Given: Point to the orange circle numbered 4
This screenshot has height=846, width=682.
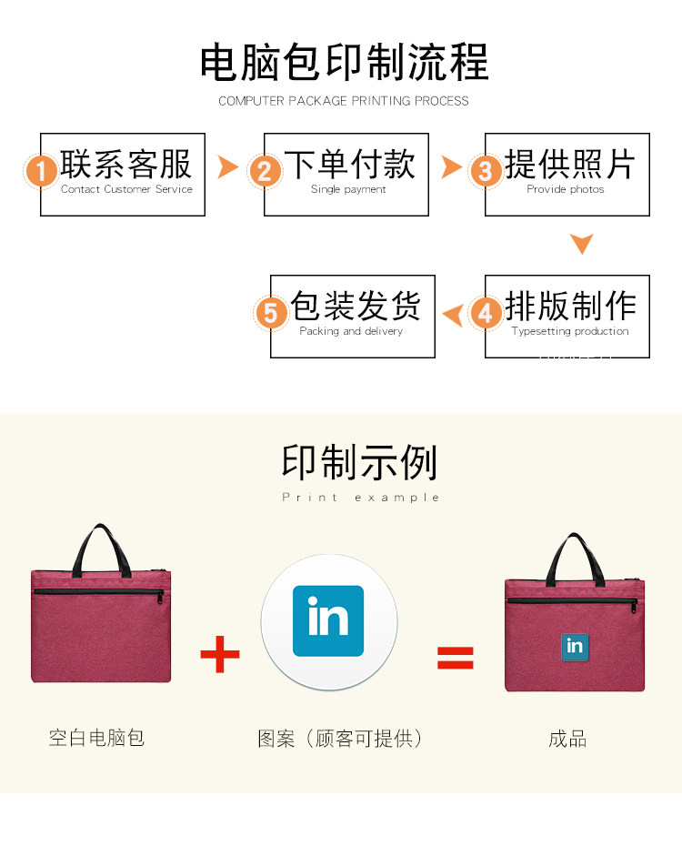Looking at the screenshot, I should (486, 313).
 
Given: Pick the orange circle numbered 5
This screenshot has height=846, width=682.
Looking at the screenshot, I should (271, 313).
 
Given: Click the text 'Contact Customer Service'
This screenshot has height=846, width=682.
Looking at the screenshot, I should (126, 189).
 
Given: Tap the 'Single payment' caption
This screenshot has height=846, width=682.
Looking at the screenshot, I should (348, 189).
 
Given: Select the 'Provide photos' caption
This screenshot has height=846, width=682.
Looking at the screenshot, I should (566, 189).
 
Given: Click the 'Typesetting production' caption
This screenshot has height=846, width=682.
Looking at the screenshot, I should (570, 331).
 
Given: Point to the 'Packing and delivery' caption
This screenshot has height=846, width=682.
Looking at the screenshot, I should (351, 331).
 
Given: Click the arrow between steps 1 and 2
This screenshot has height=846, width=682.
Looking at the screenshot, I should (228, 167).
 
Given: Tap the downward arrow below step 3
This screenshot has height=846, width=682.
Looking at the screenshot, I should (582, 243).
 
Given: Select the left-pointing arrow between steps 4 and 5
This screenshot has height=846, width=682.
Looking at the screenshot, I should (452, 315).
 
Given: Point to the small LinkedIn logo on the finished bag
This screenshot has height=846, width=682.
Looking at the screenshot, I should (575, 645).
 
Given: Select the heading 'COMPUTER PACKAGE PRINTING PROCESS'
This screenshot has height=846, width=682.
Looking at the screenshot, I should (344, 101).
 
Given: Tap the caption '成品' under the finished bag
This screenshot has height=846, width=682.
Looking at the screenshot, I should (568, 739).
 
